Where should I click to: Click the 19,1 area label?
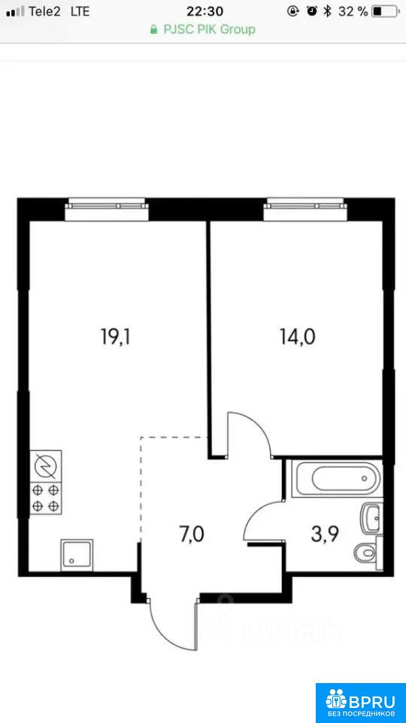116,337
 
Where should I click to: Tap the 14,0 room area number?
298,337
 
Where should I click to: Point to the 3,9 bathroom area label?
325,535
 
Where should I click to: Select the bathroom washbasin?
372,518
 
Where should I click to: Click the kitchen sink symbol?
77,552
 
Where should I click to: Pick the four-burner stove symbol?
46,499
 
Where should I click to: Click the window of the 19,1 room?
107,209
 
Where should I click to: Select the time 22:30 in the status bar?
205,11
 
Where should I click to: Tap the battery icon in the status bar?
385,11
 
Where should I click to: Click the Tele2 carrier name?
44,11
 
